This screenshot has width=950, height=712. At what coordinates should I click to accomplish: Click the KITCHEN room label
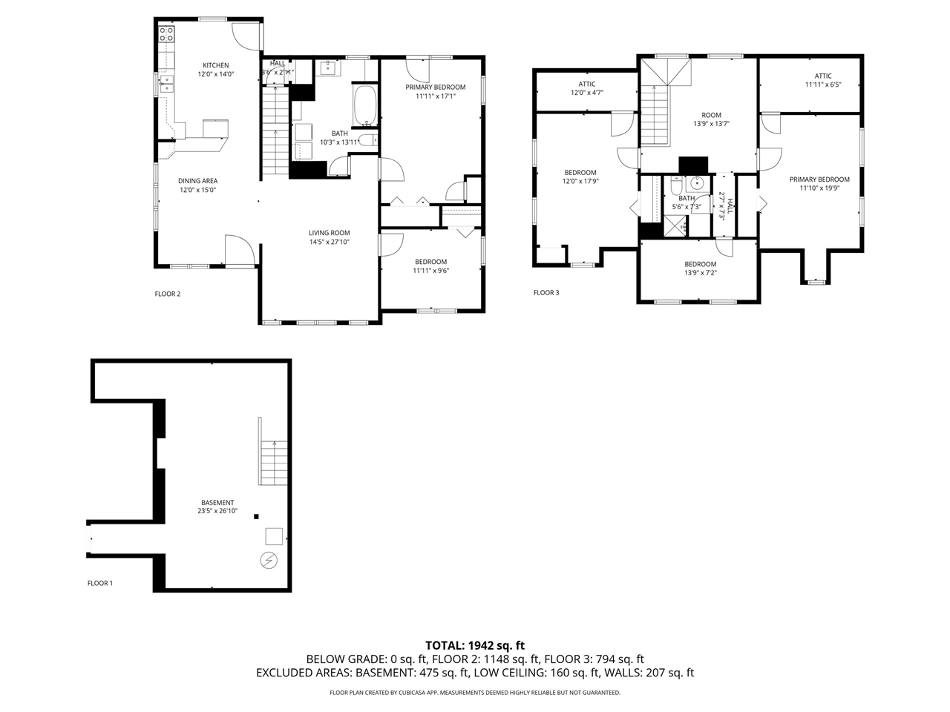pos(215,65)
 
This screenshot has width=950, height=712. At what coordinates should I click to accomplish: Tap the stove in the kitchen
pos(167,34)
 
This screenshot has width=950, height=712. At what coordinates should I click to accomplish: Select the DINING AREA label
pos(197,181)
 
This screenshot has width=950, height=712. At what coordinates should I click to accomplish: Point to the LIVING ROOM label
pos(329,233)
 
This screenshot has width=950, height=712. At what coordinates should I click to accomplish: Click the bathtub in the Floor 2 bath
pos(366,106)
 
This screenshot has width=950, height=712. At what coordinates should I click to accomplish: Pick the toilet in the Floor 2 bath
pos(369,140)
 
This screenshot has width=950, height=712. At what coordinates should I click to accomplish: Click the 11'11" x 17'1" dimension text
pos(436,96)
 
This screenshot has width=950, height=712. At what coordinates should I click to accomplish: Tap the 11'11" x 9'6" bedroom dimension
pos(430,271)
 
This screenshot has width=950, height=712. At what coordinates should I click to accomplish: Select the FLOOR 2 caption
pos(168,294)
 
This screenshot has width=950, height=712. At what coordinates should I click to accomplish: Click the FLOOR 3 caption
pos(546,293)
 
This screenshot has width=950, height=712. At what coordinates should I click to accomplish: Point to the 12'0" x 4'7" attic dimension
pos(587,93)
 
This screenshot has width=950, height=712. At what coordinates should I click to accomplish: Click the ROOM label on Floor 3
pos(711,115)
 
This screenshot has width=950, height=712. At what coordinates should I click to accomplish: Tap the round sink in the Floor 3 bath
pos(696,183)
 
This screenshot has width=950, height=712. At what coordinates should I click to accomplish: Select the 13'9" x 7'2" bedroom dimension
pos(701,273)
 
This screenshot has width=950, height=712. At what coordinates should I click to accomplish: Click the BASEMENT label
pos(217,502)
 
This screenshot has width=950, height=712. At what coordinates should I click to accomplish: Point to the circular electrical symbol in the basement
pos(269,560)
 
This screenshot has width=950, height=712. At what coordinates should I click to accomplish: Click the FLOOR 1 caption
pos(100,583)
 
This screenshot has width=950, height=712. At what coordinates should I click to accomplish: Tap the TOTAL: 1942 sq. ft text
pos(475,645)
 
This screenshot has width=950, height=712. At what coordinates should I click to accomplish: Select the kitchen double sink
pos(167,84)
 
